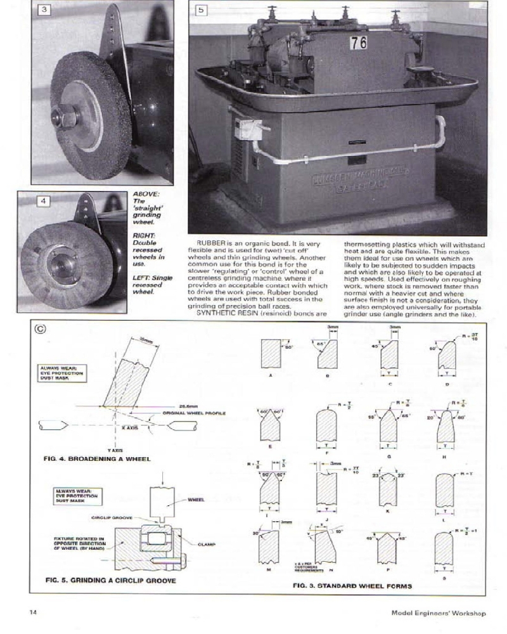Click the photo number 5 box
pyautogui.click(x=200, y=11)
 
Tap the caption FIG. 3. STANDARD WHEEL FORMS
pyautogui.click(x=352, y=585)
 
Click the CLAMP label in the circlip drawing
pyautogui.click(x=207, y=543)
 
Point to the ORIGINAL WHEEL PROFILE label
pyautogui.click(x=195, y=413)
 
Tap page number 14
pyautogui.click(x=33, y=612)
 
